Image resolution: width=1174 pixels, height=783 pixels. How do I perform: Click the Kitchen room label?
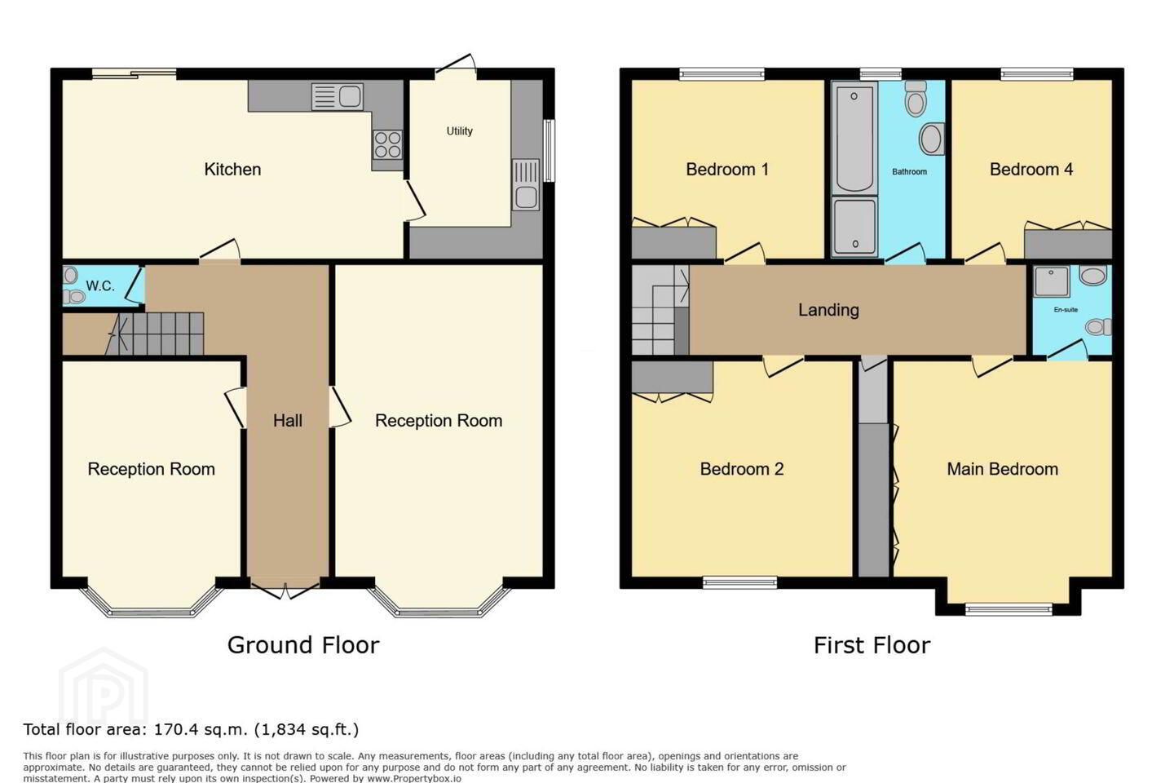tap(232, 170)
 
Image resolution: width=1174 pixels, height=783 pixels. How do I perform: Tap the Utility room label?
tap(459, 131)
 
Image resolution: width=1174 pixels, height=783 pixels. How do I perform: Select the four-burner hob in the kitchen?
tap(388, 144)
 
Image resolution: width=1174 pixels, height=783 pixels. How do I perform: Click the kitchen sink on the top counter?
tap(337, 96)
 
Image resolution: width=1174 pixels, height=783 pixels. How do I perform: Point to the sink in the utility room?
tap(526, 184)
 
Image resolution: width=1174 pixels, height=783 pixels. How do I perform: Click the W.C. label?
tap(100, 285)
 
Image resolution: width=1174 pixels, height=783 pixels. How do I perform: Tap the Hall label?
tap(287, 421)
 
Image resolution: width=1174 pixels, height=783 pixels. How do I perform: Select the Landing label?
tap(828, 310)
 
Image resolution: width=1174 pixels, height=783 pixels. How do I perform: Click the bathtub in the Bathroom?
tap(854, 139)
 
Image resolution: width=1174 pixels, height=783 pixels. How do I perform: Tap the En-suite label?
tap(1066, 310)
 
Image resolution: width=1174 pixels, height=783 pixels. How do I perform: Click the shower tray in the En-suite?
tap(1052, 281)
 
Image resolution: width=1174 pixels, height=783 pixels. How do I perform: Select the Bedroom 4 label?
tap(1031, 170)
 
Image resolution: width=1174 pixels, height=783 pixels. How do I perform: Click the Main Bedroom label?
tap(1002, 469)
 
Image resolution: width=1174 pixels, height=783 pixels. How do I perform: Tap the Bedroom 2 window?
tap(739, 582)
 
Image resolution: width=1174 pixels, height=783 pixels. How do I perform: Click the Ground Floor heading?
tap(303, 645)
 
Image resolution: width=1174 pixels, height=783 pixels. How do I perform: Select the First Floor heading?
tap(872, 645)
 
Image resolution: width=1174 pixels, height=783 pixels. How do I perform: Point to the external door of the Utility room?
tap(456, 66)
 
